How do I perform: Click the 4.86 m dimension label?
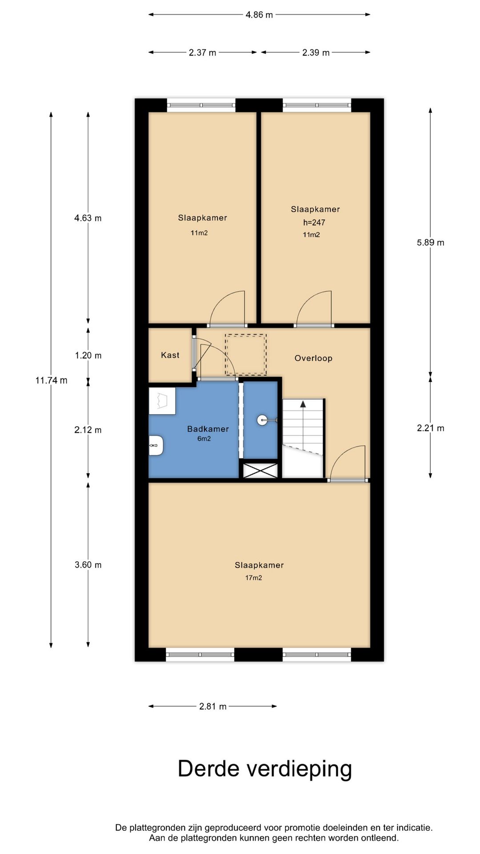click(x=259, y=15)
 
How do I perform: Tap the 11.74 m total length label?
click(x=52, y=380)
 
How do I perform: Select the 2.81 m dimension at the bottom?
click(x=213, y=706)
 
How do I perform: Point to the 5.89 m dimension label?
click(x=430, y=242)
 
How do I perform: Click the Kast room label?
click(x=170, y=355)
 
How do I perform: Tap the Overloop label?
click(x=313, y=358)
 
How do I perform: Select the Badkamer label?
click(x=208, y=429)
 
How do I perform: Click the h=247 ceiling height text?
click(x=314, y=222)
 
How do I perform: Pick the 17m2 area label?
click(x=253, y=578)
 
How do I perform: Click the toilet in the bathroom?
click(x=156, y=445)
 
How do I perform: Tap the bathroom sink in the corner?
click(x=162, y=401)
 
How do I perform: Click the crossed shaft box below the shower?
click(x=260, y=471)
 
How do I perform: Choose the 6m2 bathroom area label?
click(x=204, y=439)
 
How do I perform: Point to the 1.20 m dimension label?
click(x=88, y=355)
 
